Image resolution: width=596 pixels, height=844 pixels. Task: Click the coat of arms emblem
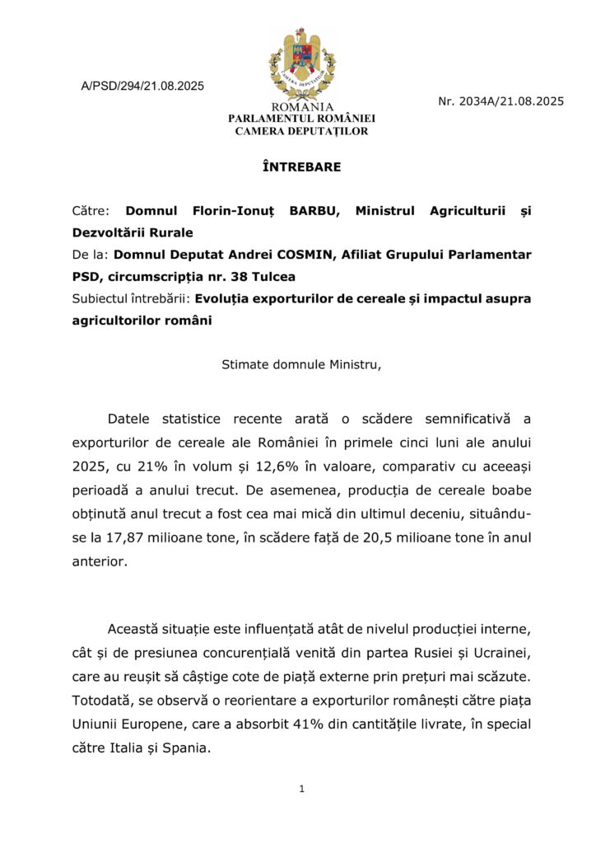(301, 63)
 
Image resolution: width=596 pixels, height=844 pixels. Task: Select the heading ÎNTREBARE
(301, 167)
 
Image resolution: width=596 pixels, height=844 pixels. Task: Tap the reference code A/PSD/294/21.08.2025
(142, 87)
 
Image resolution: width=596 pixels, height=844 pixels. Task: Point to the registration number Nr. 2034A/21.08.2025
(501, 101)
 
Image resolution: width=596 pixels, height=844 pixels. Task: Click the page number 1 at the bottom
(302, 790)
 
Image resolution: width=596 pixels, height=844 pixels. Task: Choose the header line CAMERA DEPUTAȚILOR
(301, 131)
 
